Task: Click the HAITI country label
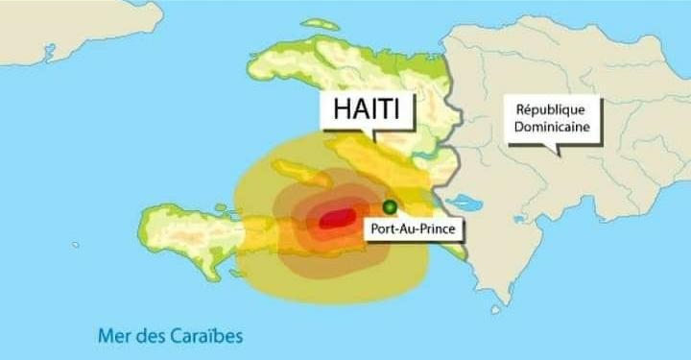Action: tap(368, 109)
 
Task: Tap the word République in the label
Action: tap(551, 109)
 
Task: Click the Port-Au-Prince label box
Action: tap(412, 228)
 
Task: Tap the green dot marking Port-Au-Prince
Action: tap(390, 206)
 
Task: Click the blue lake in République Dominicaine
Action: tap(465, 204)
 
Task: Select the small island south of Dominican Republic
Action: tap(495, 309)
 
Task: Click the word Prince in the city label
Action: tap(433, 228)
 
